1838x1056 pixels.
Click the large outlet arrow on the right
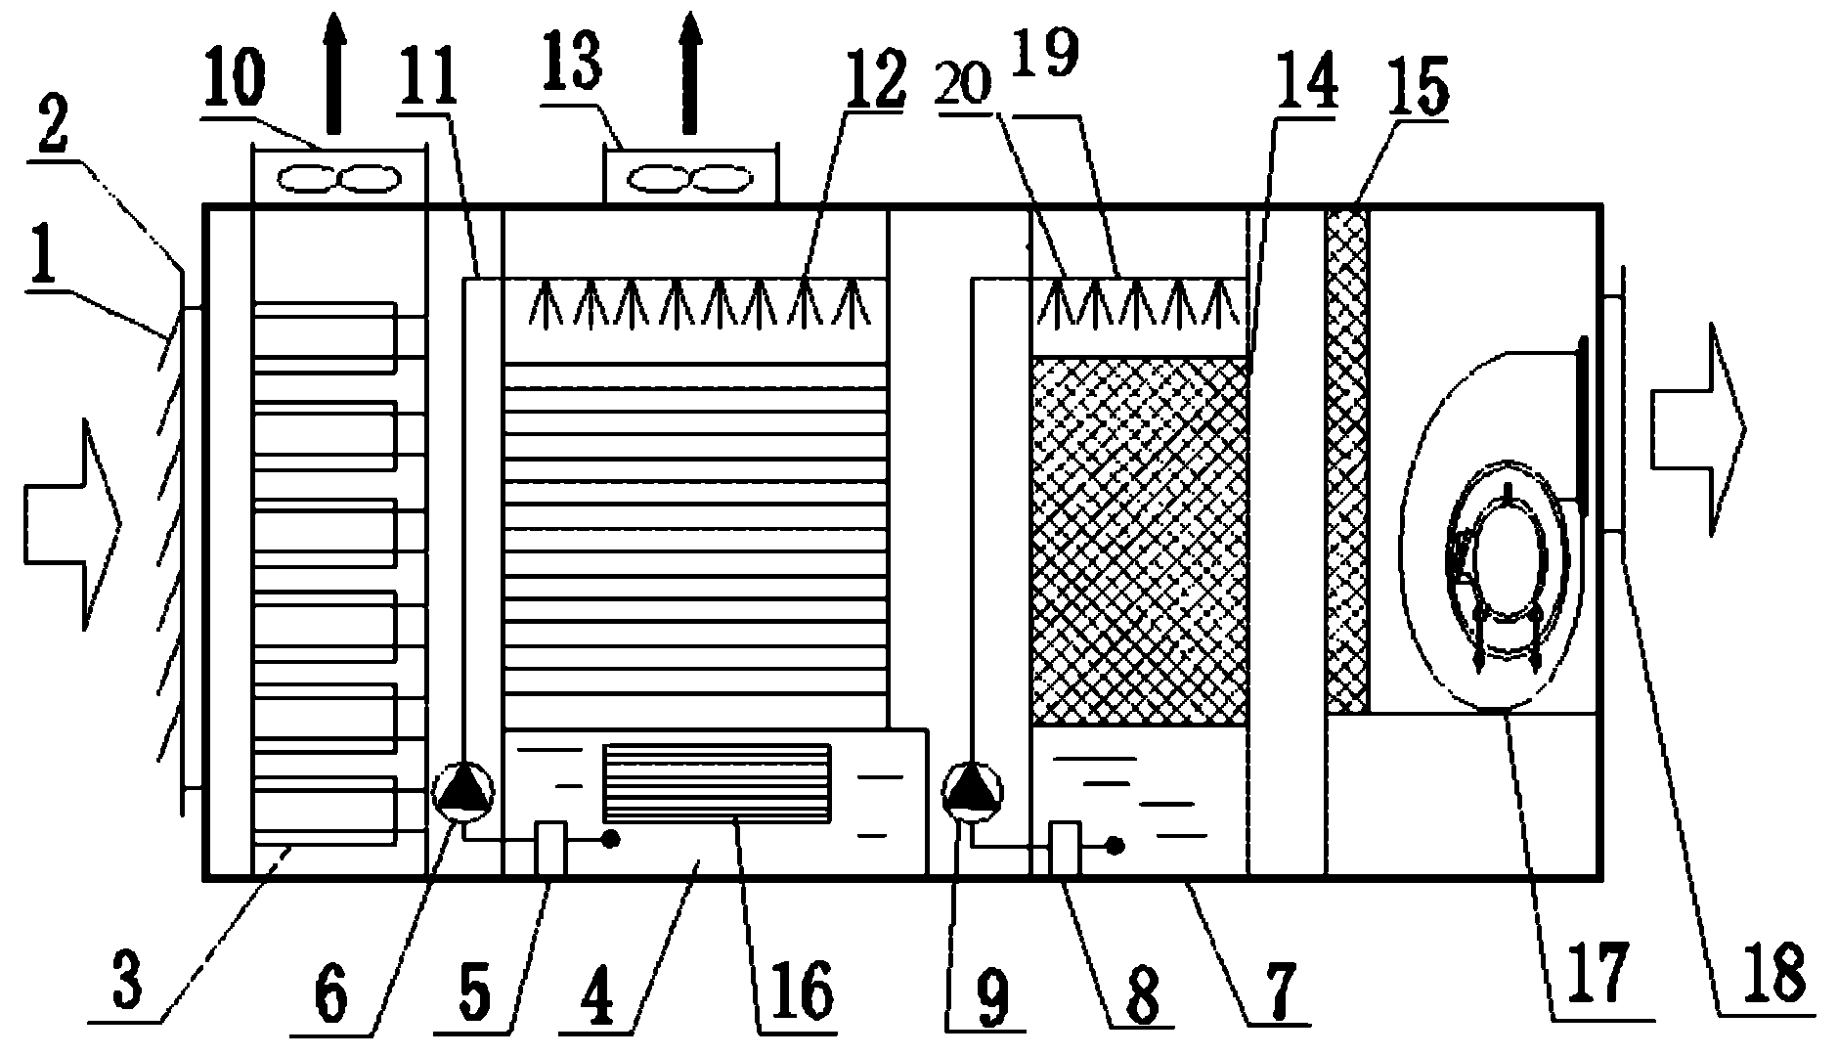[1697, 430]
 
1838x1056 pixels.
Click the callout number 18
[1776, 973]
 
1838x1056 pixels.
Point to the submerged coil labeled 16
[718, 782]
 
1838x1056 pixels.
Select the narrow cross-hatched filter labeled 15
[1346, 460]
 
